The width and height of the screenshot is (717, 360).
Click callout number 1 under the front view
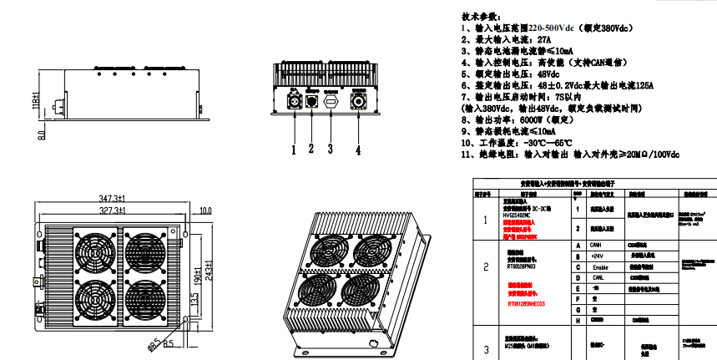(294, 150)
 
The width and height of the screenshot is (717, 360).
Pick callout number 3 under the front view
(330, 150)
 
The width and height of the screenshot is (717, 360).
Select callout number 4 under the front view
(358, 150)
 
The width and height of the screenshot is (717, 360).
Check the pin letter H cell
(578, 319)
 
